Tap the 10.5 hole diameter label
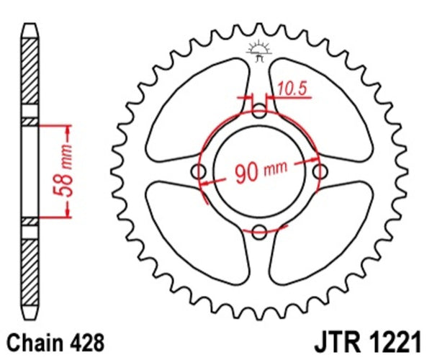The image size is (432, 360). click(291, 89)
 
